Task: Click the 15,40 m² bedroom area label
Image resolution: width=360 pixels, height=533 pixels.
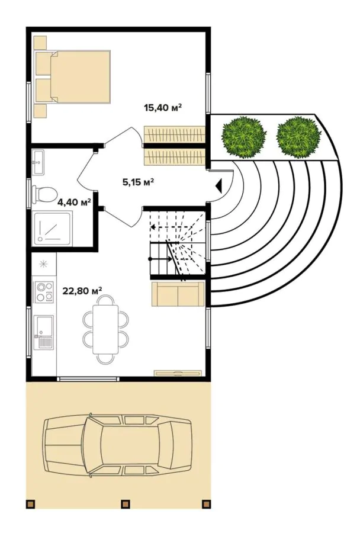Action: pos(162,108)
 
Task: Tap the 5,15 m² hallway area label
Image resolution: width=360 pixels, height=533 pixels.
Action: pos(138,182)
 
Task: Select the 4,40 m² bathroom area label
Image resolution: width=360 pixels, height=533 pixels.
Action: pos(74,202)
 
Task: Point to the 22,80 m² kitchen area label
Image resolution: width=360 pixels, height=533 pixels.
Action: pos(82,290)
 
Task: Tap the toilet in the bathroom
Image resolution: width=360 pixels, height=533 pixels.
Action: pos(45,192)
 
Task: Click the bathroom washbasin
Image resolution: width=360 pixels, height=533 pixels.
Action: pos(39,162)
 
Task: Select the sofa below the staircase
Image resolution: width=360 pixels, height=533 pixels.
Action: pos(178,294)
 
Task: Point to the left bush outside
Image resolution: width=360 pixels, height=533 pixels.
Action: pos(243,137)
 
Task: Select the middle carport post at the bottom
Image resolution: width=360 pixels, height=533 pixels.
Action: pos(125,504)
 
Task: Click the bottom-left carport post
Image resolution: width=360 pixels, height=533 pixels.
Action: pos(31,504)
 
